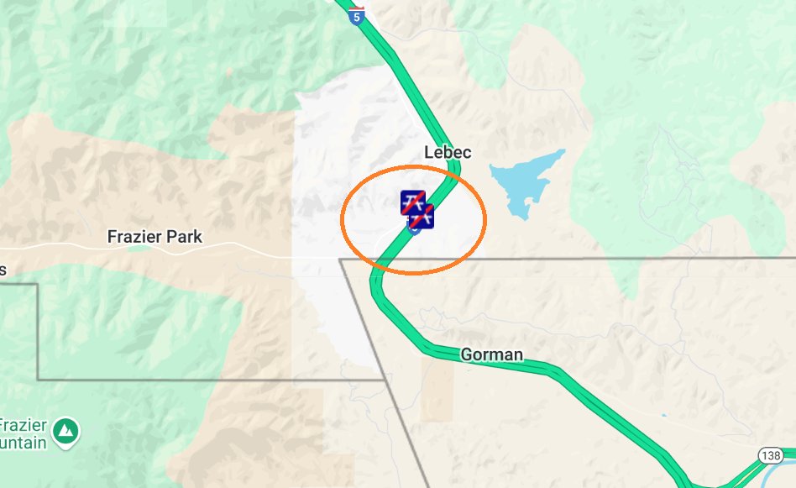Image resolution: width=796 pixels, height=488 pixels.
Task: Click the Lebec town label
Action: [x=448, y=153]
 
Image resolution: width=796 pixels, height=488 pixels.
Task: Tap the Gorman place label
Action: [x=491, y=354]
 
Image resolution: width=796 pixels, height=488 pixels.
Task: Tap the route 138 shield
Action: [x=771, y=454]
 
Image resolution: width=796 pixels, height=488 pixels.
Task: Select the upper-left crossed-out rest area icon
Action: [x=412, y=202]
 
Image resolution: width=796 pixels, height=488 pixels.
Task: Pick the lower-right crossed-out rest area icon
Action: [x=422, y=215]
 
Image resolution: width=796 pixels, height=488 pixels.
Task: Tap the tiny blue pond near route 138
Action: [x=662, y=415]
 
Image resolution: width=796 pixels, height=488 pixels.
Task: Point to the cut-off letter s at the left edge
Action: [x=3, y=270]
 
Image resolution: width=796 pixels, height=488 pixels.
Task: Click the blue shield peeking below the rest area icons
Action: [x=414, y=229]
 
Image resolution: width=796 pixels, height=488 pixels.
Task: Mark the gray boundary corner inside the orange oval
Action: [x=341, y=260]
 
